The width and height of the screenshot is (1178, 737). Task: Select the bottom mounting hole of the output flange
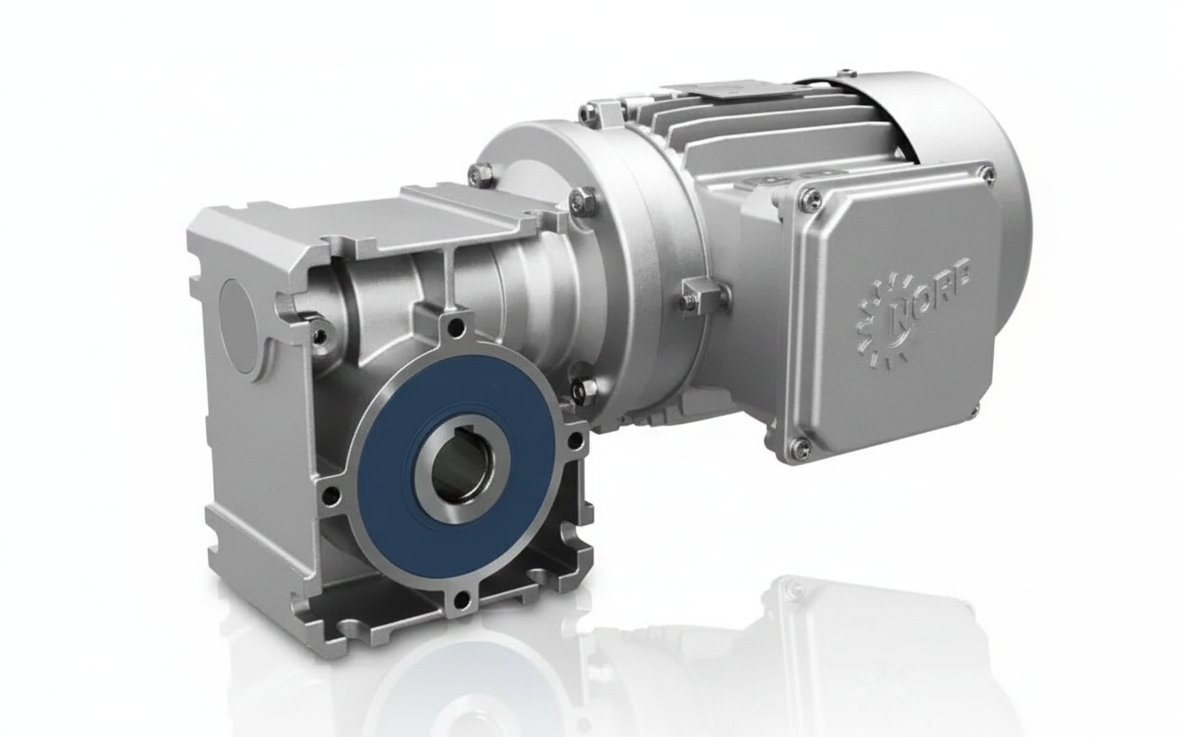tap(457, 603)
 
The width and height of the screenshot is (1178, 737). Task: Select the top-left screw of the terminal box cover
tap(809, 196)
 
